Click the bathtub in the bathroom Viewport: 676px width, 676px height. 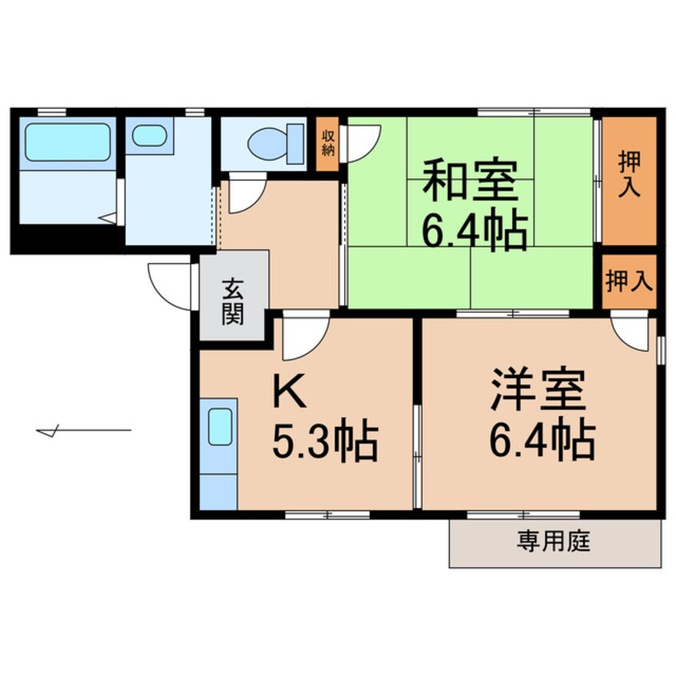[x=67, y=141]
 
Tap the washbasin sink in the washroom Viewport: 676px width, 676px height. [x=149, y=135]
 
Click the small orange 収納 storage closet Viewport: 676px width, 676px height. [x=328, y=145]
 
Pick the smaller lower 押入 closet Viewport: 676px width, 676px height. [x=629, y=281]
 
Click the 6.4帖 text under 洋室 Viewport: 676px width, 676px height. [x=543, y=439]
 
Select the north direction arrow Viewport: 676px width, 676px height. [x=83, y=431]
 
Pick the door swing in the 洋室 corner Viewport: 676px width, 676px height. [x=632, y=332]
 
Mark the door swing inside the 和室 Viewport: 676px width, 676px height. [x=363, y=141]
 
